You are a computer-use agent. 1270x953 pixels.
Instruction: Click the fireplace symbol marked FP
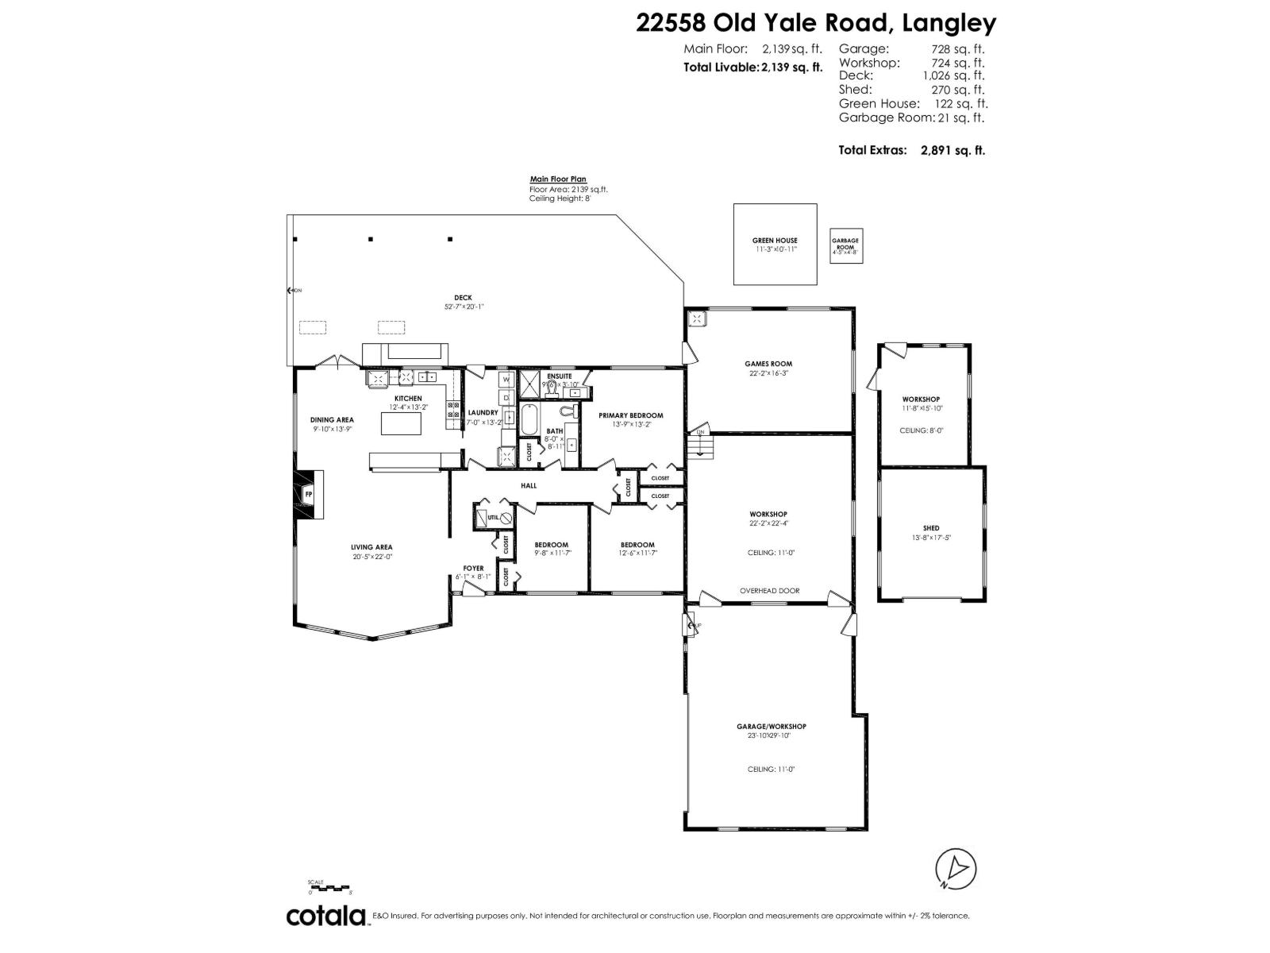(310, 494)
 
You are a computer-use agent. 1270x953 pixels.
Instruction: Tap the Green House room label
(775, 241)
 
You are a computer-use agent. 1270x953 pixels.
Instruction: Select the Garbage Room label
(845, 245)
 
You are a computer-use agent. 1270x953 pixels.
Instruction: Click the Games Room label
(768, 364)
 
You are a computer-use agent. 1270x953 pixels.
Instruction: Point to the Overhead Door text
(769, 591)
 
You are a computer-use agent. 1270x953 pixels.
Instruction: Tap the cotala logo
(325, 916)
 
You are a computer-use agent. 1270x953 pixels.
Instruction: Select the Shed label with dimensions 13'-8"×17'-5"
(931, 528)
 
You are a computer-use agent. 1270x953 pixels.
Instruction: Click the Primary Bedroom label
(630, 415)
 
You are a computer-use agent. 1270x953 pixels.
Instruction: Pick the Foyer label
(473, 569)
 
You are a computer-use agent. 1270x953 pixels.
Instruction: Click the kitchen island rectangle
(405, 423)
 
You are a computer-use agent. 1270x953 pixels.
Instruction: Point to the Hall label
(529, 486)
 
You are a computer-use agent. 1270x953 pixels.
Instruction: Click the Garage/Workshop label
(771, 727)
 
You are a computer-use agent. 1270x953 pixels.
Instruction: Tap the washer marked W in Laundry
(506, 380)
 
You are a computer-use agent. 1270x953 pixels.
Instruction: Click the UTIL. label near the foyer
(493, 517)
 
